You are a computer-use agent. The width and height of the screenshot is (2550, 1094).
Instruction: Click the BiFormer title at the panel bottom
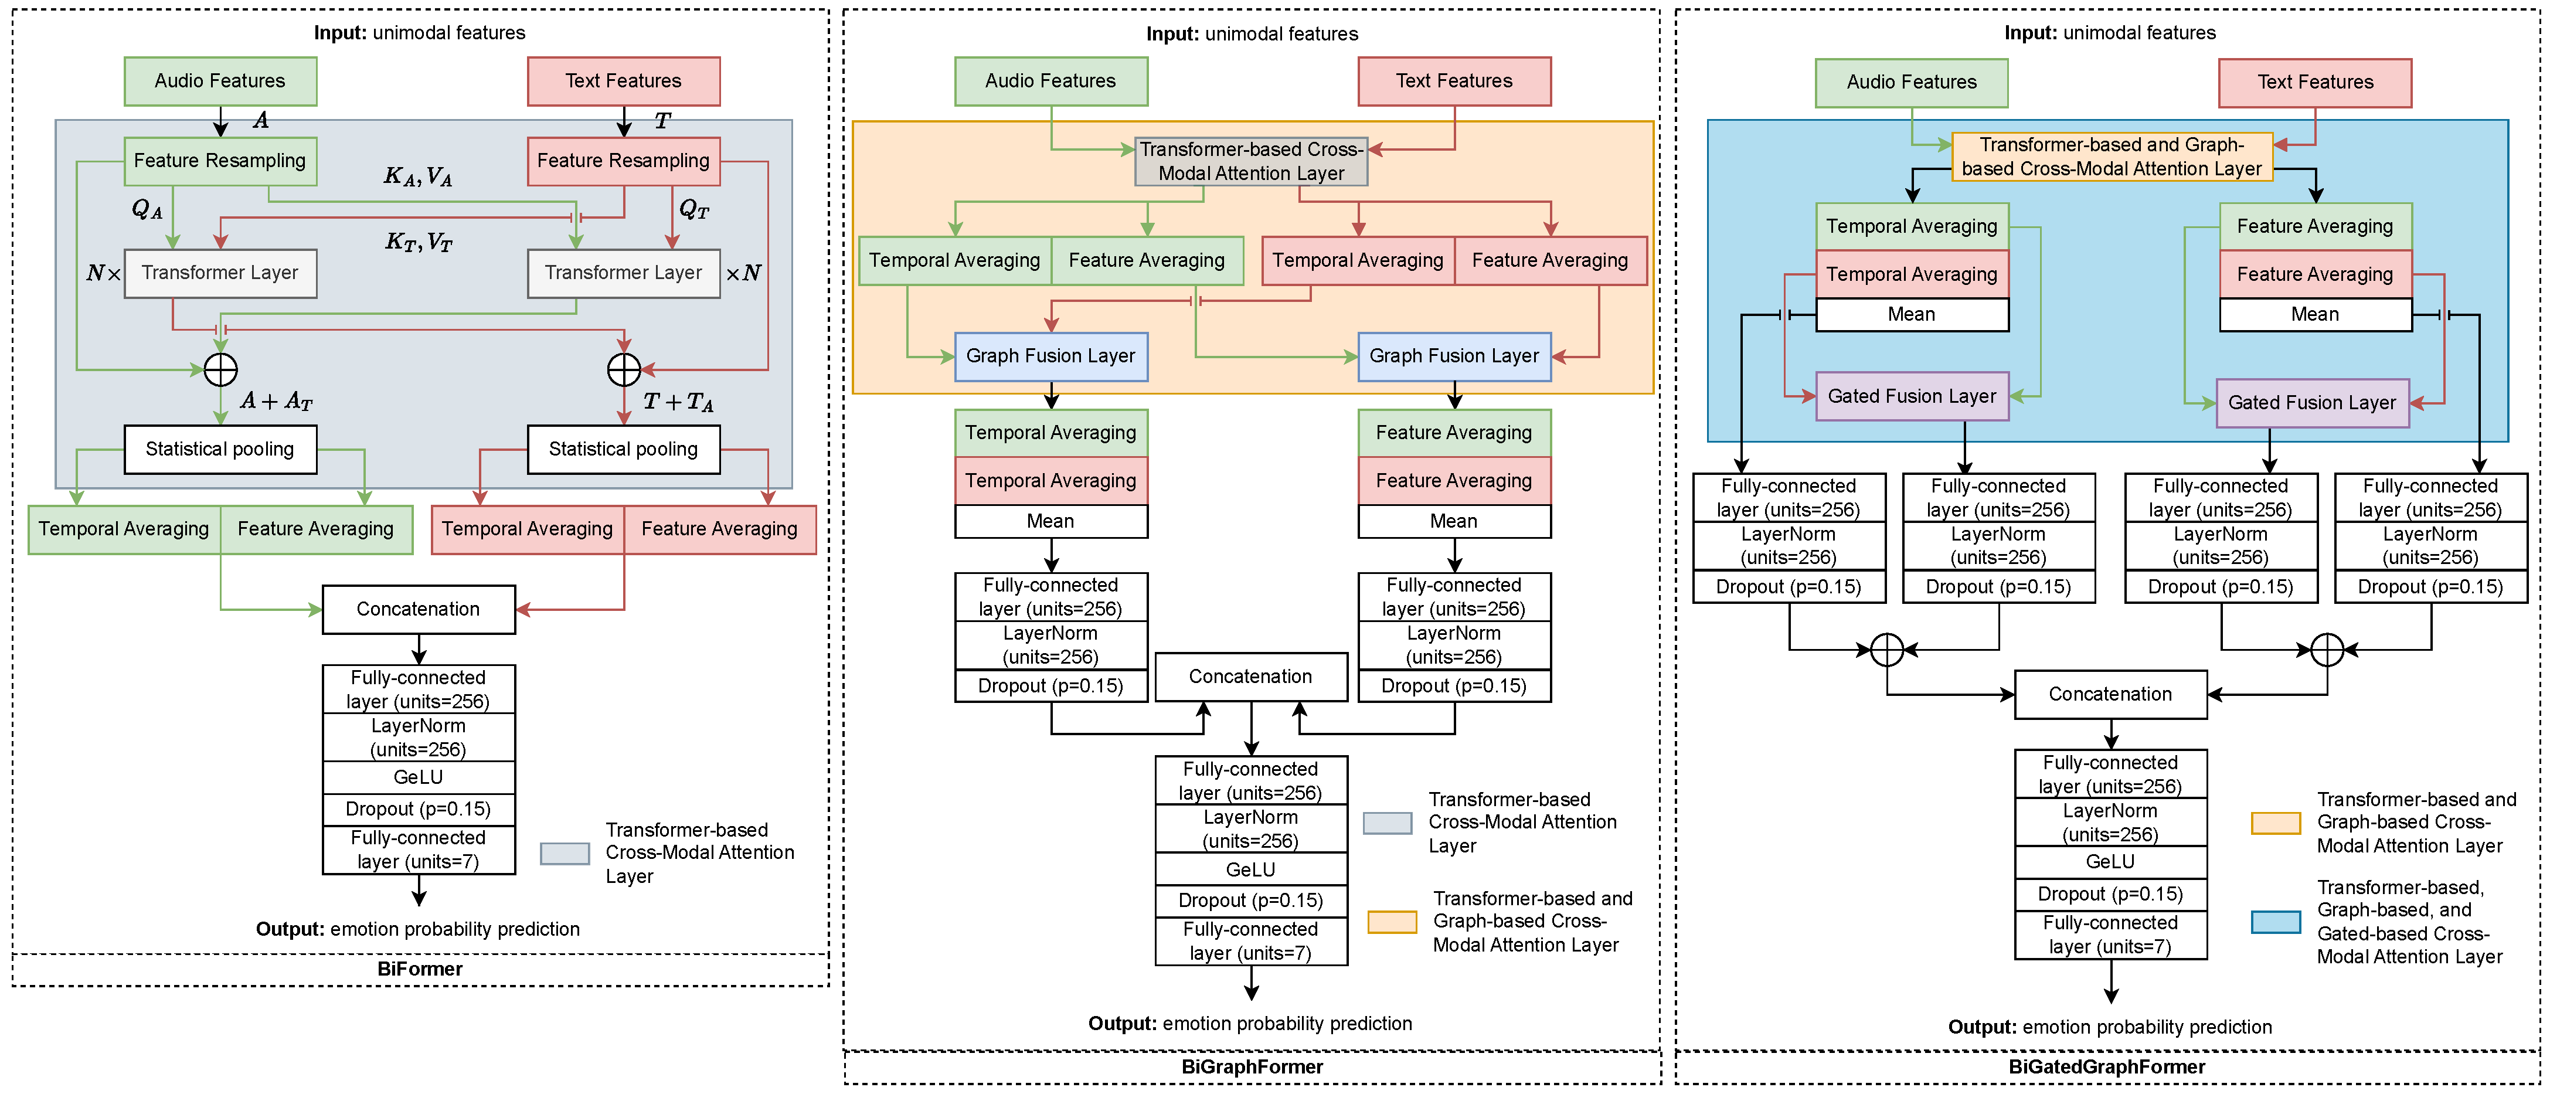pyautogui.click(x=420, y=969)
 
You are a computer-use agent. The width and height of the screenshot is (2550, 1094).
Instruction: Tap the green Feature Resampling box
pyautogui.click(x=220, y=161)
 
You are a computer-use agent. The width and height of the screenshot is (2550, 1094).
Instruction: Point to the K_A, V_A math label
pyautogui.click(x=418, y=177)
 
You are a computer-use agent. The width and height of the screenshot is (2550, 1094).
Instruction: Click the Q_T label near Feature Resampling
pyautogui.click(x=694, y=209)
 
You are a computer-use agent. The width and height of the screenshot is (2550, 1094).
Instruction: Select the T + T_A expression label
pyautogui.click(x=678, y=401)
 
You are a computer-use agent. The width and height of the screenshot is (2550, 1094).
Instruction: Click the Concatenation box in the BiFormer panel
pyautogui.click(x=419, y=609)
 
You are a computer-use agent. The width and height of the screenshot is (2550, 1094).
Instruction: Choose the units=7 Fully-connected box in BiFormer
pyautogui.click(x=419, y=850)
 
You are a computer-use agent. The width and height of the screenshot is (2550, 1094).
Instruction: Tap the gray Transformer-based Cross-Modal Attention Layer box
pyautogui.click(x=1251, y=161)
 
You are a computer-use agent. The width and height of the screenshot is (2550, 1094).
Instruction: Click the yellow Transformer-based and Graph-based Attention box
pyautogui.click(x=2112, y=157)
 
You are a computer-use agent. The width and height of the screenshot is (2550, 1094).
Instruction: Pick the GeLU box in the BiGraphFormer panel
pyautogui.click(x=1251, y=869)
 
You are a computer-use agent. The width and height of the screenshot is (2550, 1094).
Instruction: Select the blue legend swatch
pyautogui.click(x=2276, y=922)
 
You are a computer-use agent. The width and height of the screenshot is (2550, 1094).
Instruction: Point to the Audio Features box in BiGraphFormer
pyautogui.click(x=1050, y=81)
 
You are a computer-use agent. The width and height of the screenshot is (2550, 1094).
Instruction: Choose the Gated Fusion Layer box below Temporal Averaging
pyautogui.click(x=1912, y=396)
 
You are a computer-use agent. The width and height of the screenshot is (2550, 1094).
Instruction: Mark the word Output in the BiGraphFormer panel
pyautogui.click(x=1121, y=1022)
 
